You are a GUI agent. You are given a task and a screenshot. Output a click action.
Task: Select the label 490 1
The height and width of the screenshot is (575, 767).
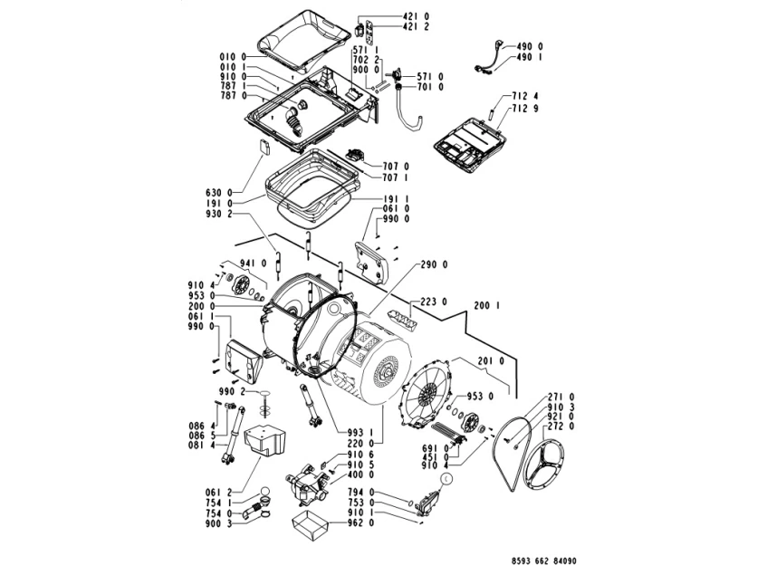(x=530, y=57)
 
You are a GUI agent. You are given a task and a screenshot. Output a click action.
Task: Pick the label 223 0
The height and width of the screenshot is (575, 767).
(x=435, y=302)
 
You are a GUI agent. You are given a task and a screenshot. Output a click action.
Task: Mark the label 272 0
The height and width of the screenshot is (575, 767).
(x=561, y=426)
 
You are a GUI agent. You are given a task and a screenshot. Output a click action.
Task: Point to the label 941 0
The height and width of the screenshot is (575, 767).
(x=253, y=264)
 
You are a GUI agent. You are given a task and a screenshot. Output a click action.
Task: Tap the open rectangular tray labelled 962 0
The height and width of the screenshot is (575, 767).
(x=307, y=524)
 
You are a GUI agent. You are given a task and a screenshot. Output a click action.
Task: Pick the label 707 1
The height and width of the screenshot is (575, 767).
(x=396, y=177)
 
